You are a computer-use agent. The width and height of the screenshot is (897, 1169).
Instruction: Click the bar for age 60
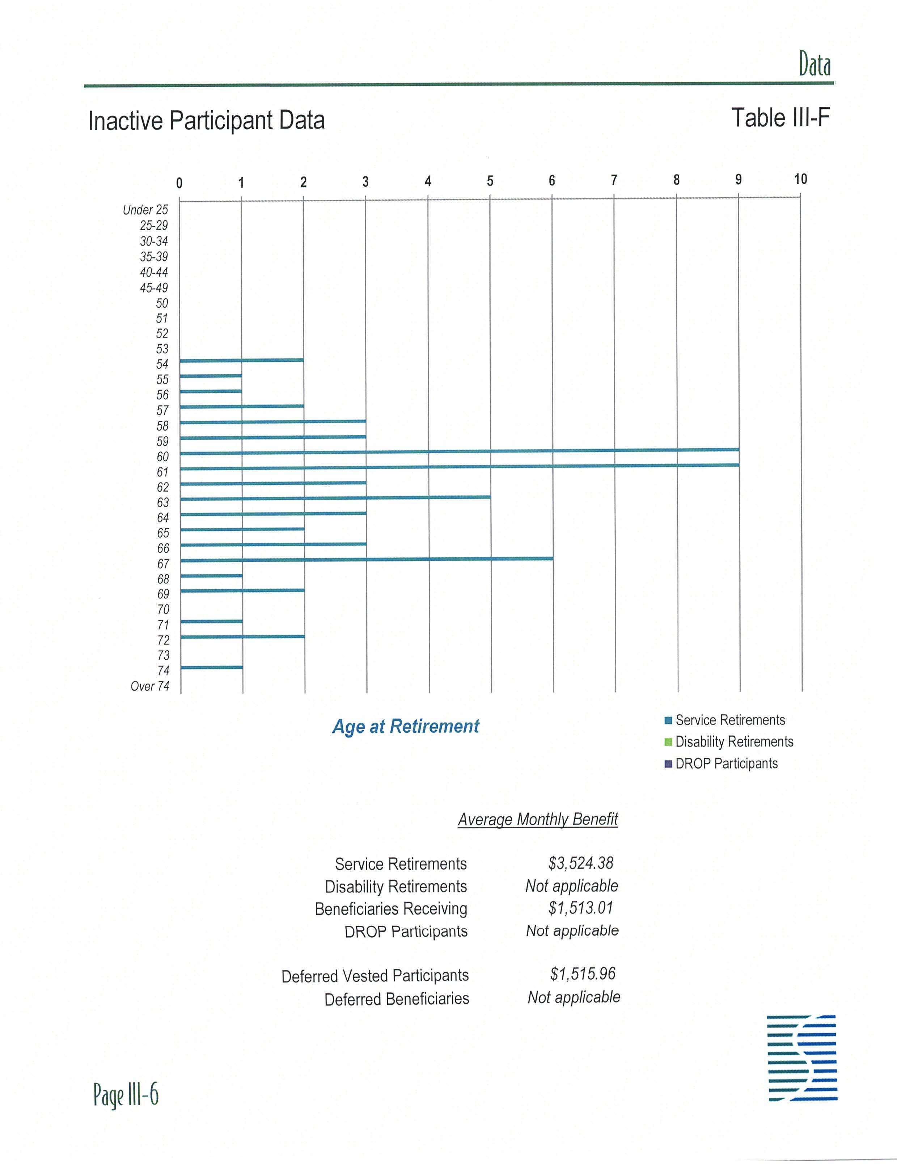pyautogui.click(x=459, y=451)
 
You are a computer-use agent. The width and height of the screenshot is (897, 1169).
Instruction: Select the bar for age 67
pyautogui.click(x=366, y=559)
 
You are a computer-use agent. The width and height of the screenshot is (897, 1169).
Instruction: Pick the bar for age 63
pyautogui.click(x=335, y=498)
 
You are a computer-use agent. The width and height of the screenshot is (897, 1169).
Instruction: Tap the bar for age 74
pyautogui.click(x=211, y=667)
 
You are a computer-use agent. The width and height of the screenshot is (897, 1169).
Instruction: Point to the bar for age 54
pyautogui.click(x=241, y=361)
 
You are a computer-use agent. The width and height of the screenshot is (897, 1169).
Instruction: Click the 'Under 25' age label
pyautogui.click(x=145, y=210)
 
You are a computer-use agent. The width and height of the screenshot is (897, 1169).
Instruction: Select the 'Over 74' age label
pyautogui.click(x=150, y=686)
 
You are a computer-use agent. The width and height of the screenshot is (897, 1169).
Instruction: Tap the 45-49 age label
pyautogui.click(x=154, y=288)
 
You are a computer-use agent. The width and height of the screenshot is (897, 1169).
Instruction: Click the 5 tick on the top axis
pyautogui.click(x=490, y=181)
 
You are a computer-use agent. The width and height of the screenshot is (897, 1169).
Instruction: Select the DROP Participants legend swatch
pyautogui.click(x=668, y=764)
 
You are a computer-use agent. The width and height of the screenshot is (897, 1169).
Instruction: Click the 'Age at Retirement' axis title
pyautogui.click(x=406, y=727)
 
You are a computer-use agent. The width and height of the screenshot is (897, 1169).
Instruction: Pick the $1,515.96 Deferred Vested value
pyautogui.click(x=583, y=974)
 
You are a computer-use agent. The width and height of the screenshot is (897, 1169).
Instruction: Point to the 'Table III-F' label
pyautogui.click(x=780, y=118)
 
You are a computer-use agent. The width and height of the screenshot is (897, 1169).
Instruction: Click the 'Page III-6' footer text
pyautogui.click(x=126, y=1095)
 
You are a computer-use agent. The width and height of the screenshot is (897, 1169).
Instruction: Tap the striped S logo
pyautogui.click(x=802, y=1058)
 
